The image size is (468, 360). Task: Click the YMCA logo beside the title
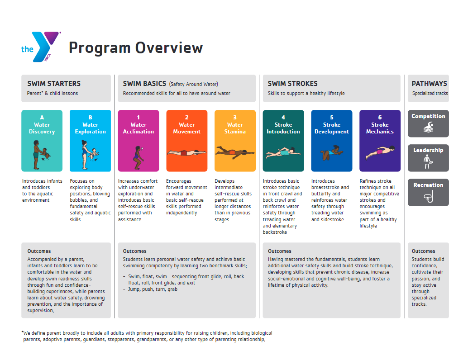tap(41, 47)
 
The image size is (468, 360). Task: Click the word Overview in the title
tap(169, 48)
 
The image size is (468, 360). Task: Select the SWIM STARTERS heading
tap(54, 84)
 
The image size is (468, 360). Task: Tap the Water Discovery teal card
tap(42, 141)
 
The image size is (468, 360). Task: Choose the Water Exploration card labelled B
tap(90, 141)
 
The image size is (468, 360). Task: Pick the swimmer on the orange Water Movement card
tap(186, 153)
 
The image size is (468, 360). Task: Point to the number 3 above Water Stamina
tap(235, 118)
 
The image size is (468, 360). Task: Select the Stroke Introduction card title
tap(283, 128)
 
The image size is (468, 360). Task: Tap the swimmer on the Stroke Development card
tap(332, 153)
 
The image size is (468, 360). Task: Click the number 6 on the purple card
tap(380, 118)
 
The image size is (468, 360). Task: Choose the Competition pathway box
tap(428, 123)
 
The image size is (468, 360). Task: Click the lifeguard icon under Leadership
tap(428, 161)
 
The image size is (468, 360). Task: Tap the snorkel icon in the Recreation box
tap(429, 196)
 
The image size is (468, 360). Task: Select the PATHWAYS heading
tap(429, 84)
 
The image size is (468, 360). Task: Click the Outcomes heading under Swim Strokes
tap(279, 251)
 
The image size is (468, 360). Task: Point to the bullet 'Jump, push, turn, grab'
tap(153, 289)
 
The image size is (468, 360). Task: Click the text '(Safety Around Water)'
tap(193, 84)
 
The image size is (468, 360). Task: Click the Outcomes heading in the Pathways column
tap(423, 251)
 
